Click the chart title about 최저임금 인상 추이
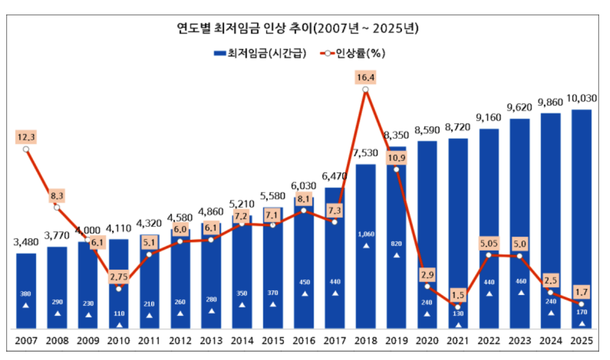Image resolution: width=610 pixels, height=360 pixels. (297, 28)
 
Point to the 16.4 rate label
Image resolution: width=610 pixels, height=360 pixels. (365, 78)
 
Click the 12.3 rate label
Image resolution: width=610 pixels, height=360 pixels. (26, 137)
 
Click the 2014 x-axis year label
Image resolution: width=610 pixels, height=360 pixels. (242, 341)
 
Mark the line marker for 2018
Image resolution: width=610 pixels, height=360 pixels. (365, 90)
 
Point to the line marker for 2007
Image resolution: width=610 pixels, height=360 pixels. (26, 149)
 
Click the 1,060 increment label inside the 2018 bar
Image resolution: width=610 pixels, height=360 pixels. (365, 234)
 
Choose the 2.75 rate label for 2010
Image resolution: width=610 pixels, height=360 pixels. (119, 277)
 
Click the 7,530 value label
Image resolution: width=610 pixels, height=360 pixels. (365, 154)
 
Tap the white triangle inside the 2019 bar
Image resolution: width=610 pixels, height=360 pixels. (396, 255)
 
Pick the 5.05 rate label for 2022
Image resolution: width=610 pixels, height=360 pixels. (489, 242)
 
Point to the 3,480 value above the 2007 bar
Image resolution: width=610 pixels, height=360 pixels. (26, 243)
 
